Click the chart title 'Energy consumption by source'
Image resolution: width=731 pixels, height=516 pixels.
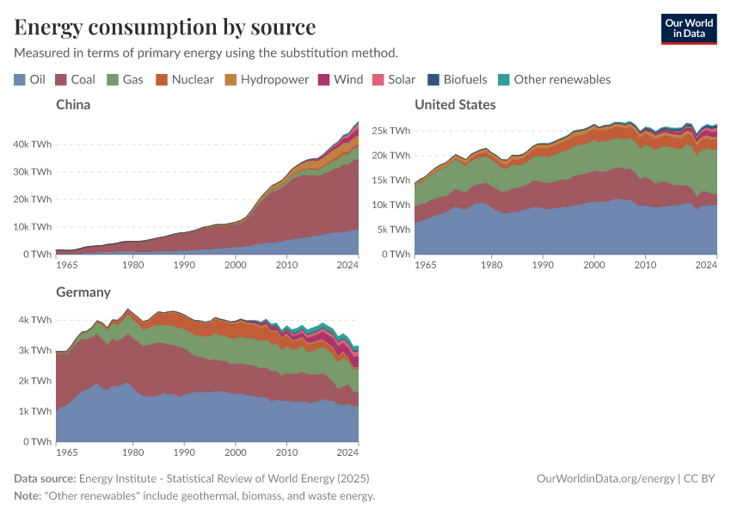pos(165,27)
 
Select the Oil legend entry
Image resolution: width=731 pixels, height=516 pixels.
pos(30,79)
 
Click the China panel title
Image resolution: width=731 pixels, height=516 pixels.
pos(73,105)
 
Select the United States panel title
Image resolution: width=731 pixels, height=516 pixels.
pos(455,105)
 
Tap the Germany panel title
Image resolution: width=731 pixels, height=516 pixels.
pos(83,292)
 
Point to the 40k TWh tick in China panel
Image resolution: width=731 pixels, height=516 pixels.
pos(34,144)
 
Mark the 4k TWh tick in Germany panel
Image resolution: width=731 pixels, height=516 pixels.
pos(36,319)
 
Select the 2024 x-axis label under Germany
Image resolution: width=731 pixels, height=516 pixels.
pos(347,451)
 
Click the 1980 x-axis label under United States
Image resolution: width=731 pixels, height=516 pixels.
pos(491,265)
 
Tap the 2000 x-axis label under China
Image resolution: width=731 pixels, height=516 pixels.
pos(236,265)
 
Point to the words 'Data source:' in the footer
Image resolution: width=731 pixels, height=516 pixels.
pos(45,478)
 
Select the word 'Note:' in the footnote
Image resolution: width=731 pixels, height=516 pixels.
pos(31,496)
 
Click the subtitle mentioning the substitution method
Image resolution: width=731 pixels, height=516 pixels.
pos(206,52)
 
